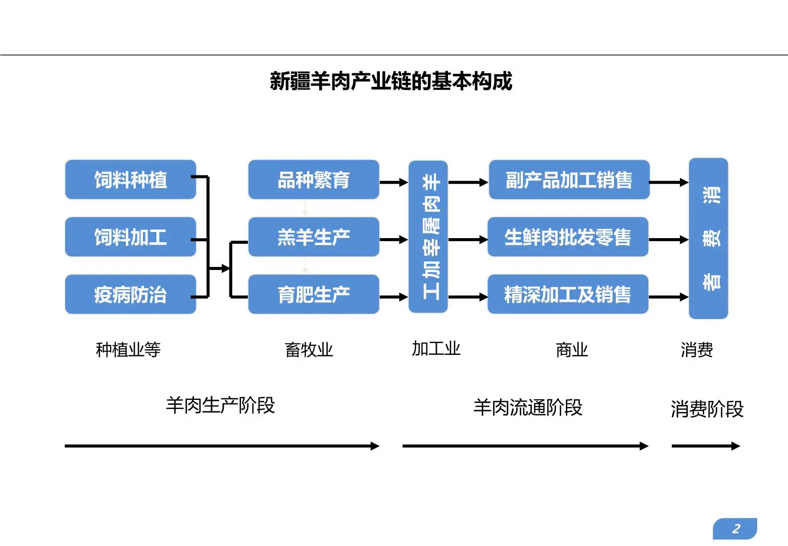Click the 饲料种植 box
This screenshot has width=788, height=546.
130,180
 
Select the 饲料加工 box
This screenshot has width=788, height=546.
130,237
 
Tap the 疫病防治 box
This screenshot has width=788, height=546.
130,294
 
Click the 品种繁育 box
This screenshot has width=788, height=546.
313,180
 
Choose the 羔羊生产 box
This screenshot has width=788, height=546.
313,237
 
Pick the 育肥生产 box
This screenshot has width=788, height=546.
313,294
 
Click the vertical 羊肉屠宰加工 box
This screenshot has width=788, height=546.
428,237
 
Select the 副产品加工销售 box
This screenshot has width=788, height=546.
569,180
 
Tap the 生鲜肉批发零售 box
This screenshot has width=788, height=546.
568,237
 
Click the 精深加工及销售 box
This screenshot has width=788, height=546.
568,294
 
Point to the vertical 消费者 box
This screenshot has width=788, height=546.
708,238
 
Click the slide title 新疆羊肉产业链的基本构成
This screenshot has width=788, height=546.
391,81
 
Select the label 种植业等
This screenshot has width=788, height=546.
128,349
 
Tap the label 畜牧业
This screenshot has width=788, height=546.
309,349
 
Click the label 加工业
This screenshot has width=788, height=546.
436,348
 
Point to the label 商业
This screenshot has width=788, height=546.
572,349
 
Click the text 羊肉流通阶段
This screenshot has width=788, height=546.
528,407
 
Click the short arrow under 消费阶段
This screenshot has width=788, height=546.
705,446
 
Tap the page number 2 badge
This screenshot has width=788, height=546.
735,529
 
